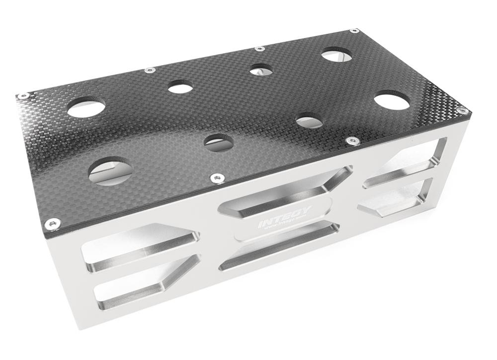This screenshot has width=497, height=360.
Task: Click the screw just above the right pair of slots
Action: [352, 141]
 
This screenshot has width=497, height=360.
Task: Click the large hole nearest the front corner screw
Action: [110, 172]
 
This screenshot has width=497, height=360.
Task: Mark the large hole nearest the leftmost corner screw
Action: [86, 107]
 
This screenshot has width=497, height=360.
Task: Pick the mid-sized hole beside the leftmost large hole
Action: [180, 89]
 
